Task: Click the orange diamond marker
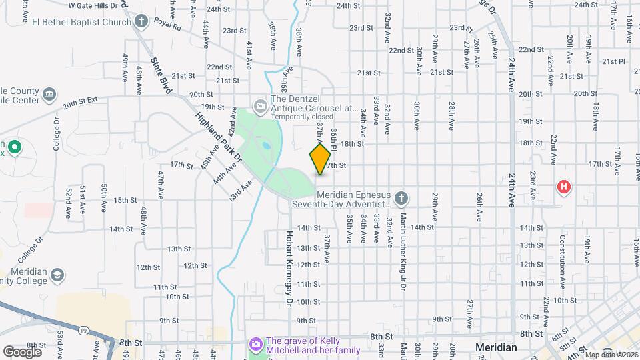pyautogui.click(x=320, y=159)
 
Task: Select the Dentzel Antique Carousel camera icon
pyautogui.click(x=260, y=105)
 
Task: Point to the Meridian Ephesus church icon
pyautogui.click(x=401, y=198)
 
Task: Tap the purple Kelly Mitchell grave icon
pyautogui.click(x=255, y=344)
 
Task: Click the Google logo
pyautogui.click(x=22, y=351)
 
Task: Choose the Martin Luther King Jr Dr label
pyautogui.click(x=403, y=251)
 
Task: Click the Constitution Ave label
pyautogui.click(x=563, y=256)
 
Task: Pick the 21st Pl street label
pyautogui.click(x=613, y=61)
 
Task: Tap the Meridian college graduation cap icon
pyautogui.click(x=58, y=275)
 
